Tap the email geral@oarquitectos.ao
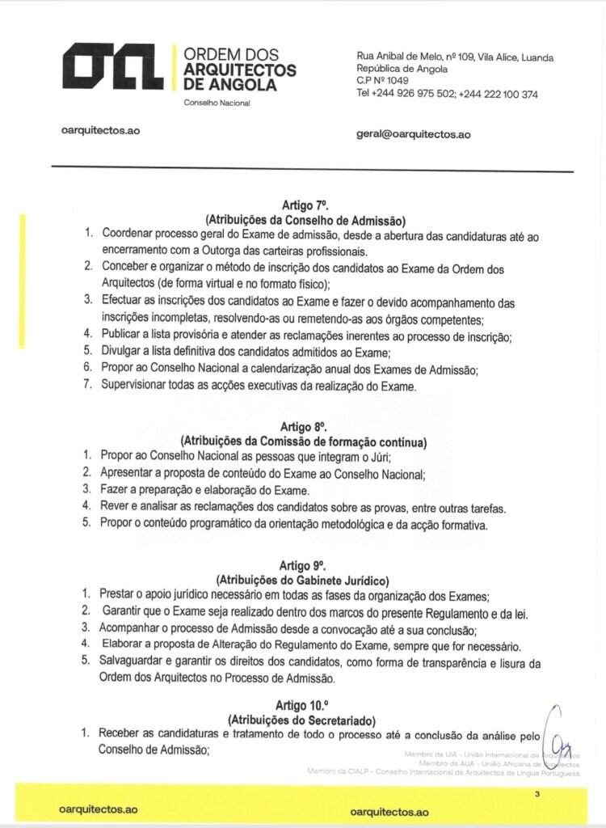tap(413, 134)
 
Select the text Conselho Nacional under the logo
tap(217, 103)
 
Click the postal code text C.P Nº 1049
tap(382, 81)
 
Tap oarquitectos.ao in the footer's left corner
tap(100, 809)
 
